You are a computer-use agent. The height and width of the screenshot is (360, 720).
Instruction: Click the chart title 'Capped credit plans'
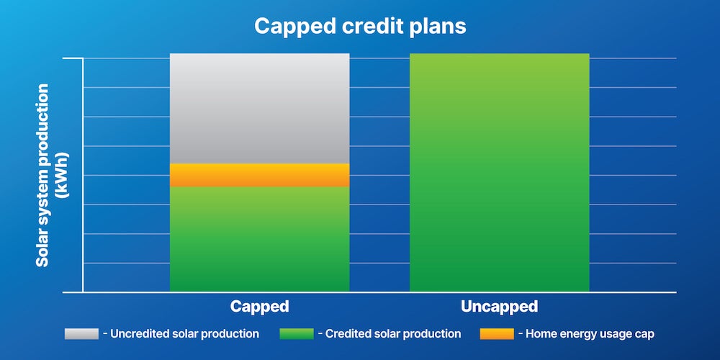pyautogui.click(x=360, y=27)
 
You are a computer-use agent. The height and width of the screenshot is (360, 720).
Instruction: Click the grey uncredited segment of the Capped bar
pyautogui.click(x=259, y=108)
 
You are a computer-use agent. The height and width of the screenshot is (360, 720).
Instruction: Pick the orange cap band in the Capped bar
pyautogui.click(x=259, y=175)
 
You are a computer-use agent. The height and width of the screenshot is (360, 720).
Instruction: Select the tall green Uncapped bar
pyautogui.click(x=499, y=173)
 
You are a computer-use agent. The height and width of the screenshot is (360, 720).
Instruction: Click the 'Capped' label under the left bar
pyautogui.click(x=259, y=307)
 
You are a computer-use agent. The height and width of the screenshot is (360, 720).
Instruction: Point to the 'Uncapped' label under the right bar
pyautogui.click(x=499, y=307)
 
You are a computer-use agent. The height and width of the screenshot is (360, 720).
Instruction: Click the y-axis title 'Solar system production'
pyautogui.click(x=43, y=175)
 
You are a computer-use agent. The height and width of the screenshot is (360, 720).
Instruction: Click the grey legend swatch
pyautogui.click(x=81, y=334)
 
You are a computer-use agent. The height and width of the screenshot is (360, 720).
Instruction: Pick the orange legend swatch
pyautogui.click(x=496, y=334)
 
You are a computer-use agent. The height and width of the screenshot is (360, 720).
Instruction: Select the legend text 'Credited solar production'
pyautogui.click(x=393, y=334)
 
